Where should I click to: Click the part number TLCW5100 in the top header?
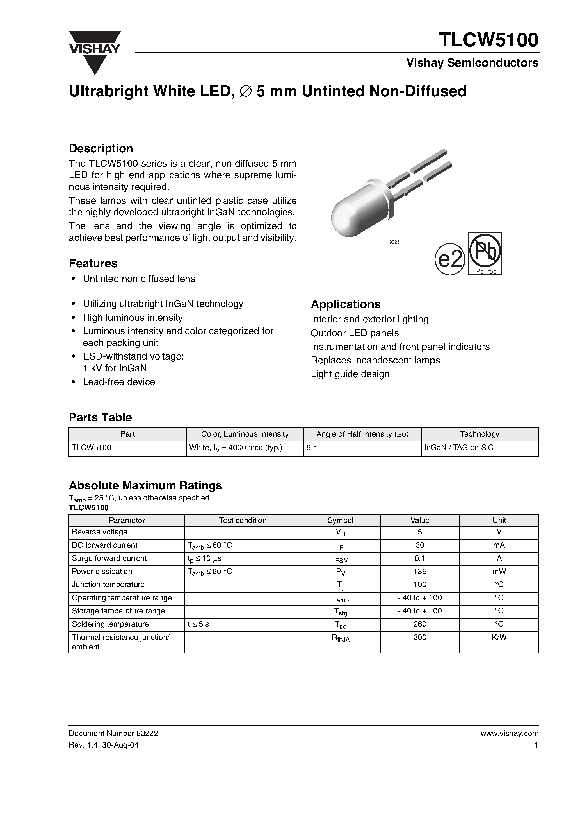point(488,40)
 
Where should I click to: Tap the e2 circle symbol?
point(449,260)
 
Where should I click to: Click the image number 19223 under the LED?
point(393,242)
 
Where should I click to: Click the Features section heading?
point(93,263)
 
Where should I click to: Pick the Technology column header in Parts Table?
point(479,434)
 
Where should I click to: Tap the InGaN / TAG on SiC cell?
point(458,448)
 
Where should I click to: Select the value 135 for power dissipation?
point(419,572)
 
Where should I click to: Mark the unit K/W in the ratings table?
point(499,637)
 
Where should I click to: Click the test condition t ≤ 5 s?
point(198,624)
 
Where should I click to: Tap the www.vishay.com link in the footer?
point(509,733)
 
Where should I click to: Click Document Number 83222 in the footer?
point(113,733)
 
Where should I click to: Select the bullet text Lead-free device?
point(119,382)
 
